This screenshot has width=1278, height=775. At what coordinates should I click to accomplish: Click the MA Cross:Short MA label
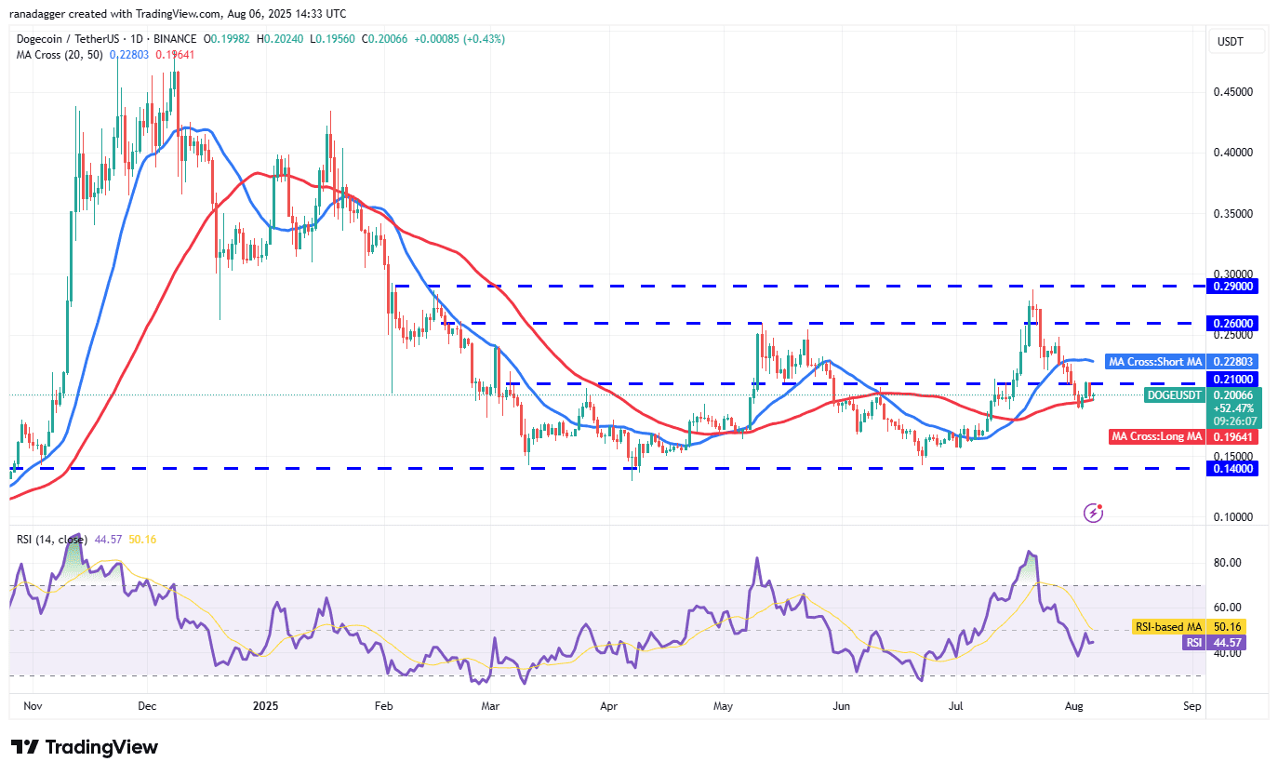[x=1155, y=361]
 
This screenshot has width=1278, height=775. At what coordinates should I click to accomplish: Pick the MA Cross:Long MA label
[x=1157, y=436]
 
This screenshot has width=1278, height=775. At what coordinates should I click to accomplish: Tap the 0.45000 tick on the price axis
[x=1234, y=92]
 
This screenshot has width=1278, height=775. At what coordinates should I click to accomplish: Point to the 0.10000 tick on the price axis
[x=1234, y=517]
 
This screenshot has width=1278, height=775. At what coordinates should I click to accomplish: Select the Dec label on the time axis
[x=148, y=706]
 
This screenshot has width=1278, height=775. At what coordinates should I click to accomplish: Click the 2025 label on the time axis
[x=266, y=706]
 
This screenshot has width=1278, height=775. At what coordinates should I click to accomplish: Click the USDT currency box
[x=1237, y=41]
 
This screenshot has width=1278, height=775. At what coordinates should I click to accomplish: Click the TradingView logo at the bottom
[x=85, y=747]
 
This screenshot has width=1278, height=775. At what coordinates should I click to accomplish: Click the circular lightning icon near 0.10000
[x=1094, y=513]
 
